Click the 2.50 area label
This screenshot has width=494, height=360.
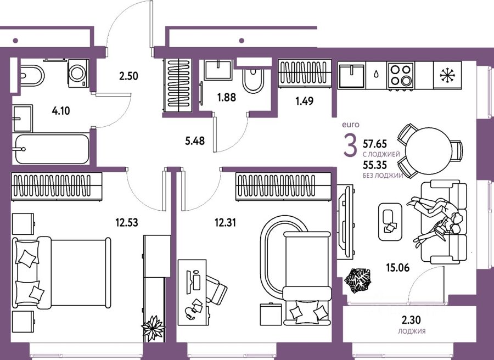(x=128, y=76)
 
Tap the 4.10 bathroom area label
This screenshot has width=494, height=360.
(x=61, y=111)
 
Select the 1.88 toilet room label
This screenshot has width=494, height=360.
(x=227, y=97)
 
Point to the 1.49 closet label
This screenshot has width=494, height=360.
(x=304, y=101)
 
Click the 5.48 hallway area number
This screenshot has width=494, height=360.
(x=195, y=141)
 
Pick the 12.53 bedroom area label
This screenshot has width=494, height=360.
(x=127, y=223)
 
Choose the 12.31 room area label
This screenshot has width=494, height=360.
(x=225, y=223)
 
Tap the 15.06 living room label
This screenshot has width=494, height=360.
(x=398, y=268)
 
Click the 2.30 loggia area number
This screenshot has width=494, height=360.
(x=411, y=320)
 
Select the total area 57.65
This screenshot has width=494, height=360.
(x=375, y=144)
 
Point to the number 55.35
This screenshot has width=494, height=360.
(x=375, y=165)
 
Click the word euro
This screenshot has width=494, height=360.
(x=351, y=125)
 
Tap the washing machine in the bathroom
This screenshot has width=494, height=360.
(x=78, y=74)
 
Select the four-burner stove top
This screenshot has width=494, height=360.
(x=401, y=75)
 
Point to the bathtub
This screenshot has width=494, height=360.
(x=52, y=149)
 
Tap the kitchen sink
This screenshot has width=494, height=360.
(x=351, y=76)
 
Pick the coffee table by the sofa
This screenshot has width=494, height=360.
(x=390, y=222)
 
